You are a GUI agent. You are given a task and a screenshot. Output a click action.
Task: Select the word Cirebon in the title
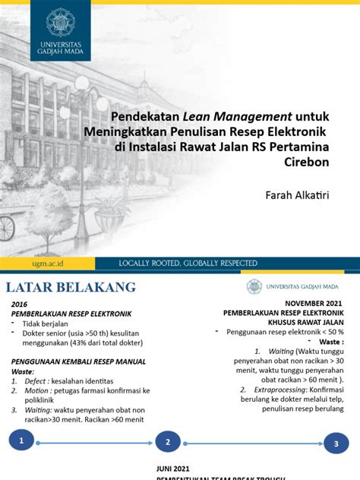tap(311, 162)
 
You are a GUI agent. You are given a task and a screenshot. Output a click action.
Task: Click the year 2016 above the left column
tap(19, 303)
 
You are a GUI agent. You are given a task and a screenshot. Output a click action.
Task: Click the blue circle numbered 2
tap(167, 442)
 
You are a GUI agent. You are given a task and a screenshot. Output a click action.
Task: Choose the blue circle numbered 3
tap(336, 445)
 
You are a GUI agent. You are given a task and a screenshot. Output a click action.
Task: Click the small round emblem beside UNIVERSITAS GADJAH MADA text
tap(254, 286)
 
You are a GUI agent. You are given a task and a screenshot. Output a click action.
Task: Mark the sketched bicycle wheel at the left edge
tap(5, 226)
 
